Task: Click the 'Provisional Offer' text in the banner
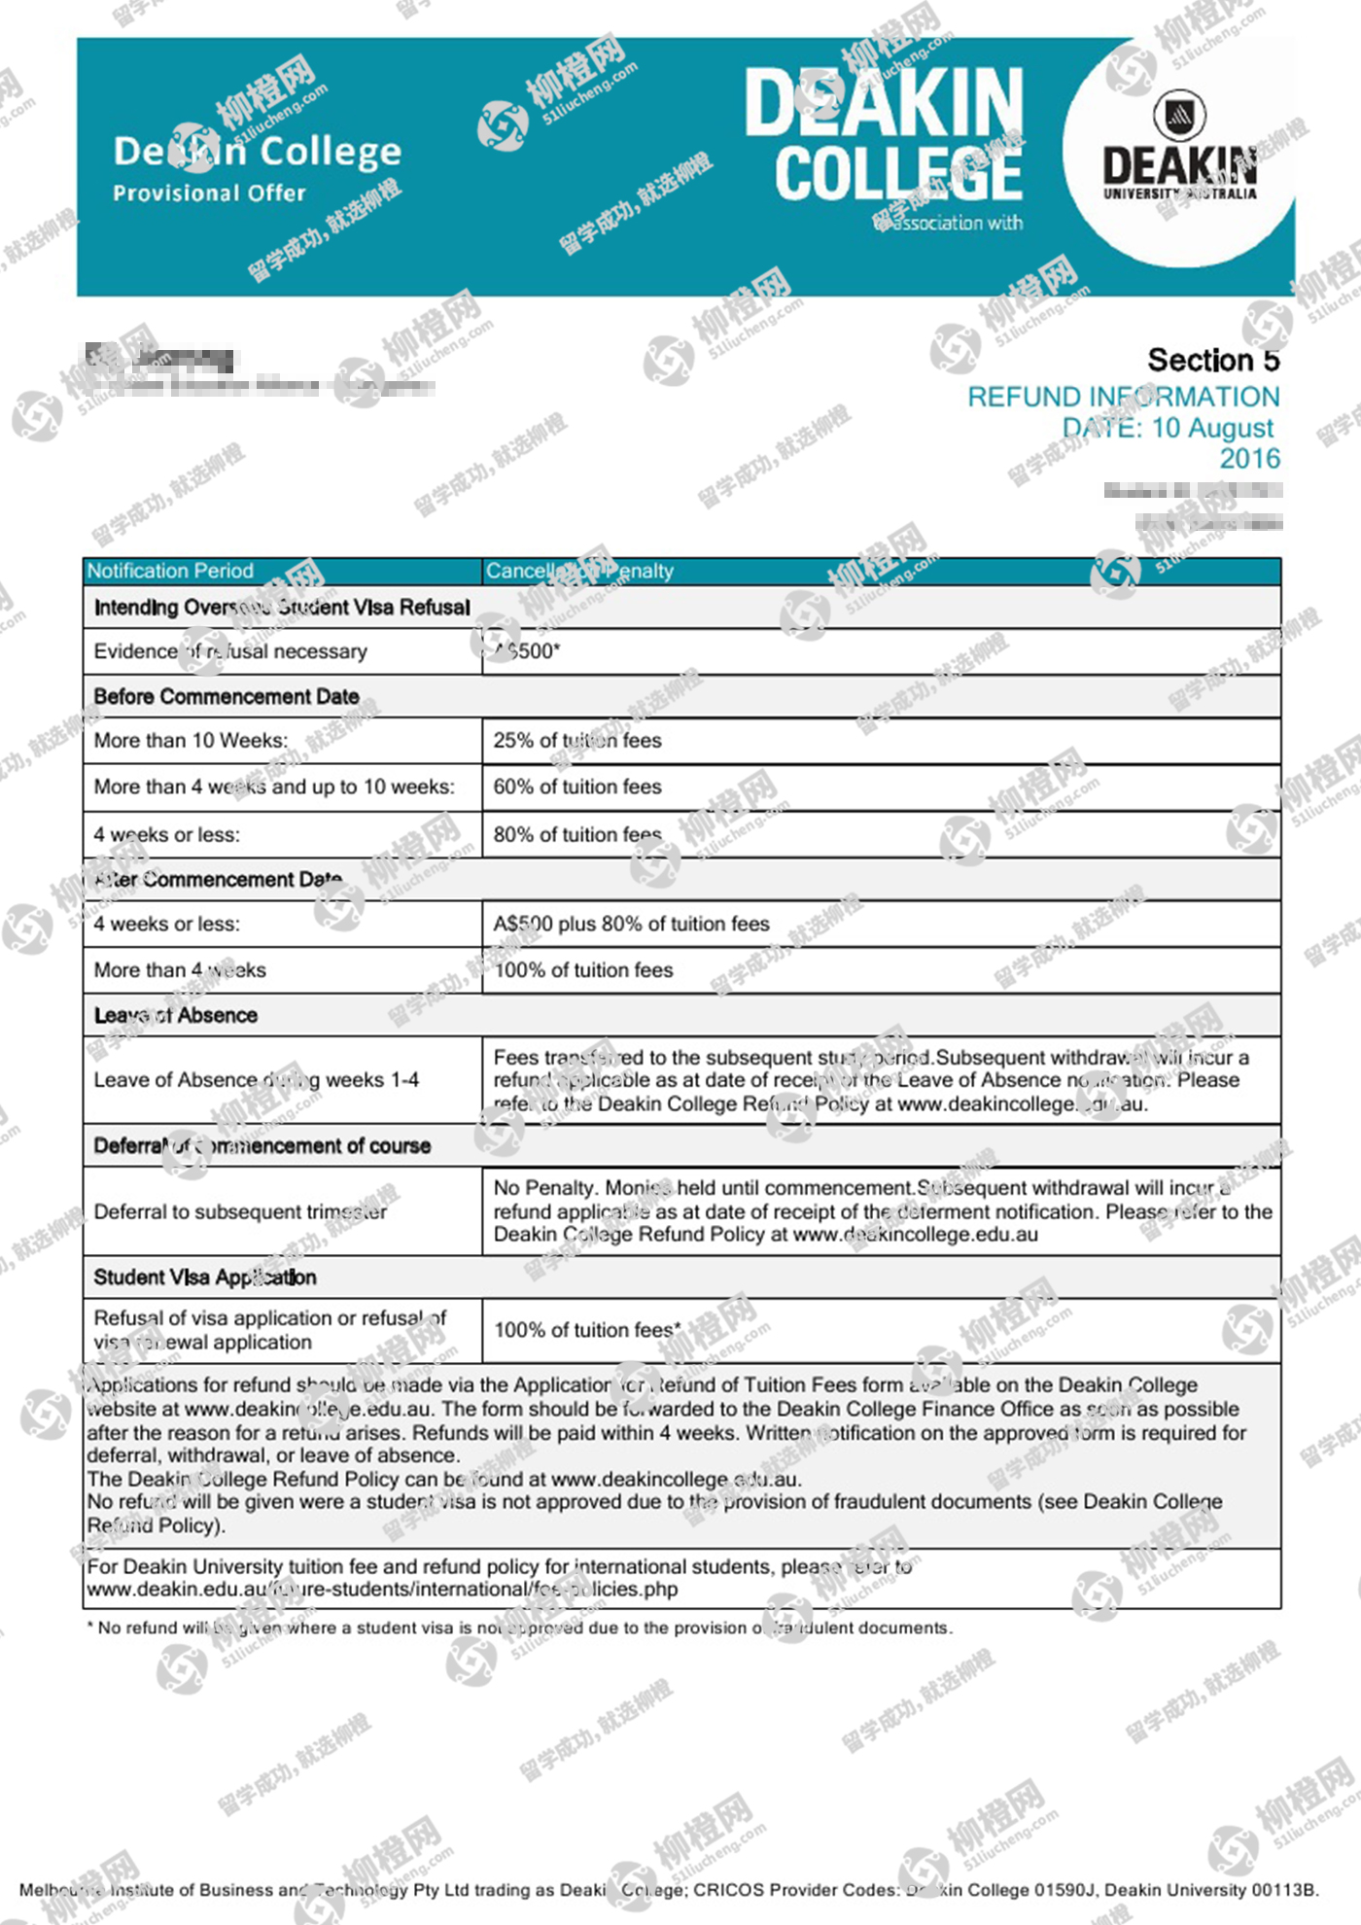(x=209, y=192)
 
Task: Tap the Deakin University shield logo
(x=1179, y=115)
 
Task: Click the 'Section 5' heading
(x=1213, y=360)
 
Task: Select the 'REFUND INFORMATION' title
(x=1123, y=397)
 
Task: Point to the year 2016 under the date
(x=1249, y=458)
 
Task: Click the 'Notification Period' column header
(x=170, y=571)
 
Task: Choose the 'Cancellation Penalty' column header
(x=579, y=571)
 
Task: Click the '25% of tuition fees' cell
(x=577, y=740)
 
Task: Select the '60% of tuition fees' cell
(x=577, y=787)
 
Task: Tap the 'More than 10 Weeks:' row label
(x=191, y=740)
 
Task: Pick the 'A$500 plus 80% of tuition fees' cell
(x=631, y=924)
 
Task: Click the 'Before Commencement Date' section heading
(x=227, y=696)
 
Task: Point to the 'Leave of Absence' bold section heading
(x=176, y=1015)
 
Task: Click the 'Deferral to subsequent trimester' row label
(x=240, y=1211)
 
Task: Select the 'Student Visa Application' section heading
(x=205, y=1277)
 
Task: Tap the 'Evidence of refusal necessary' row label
(x=230, y=651)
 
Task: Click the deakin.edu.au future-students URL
(x=382, y=1589)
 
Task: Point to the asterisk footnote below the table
(x=520, y=1627)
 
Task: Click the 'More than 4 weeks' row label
(x=180, y=969)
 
